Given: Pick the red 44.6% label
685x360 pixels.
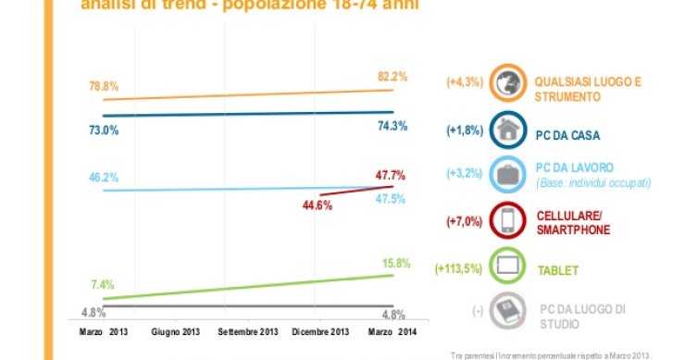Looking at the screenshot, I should click(318, 205).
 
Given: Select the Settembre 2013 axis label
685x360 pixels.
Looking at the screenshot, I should click(248, 330).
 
